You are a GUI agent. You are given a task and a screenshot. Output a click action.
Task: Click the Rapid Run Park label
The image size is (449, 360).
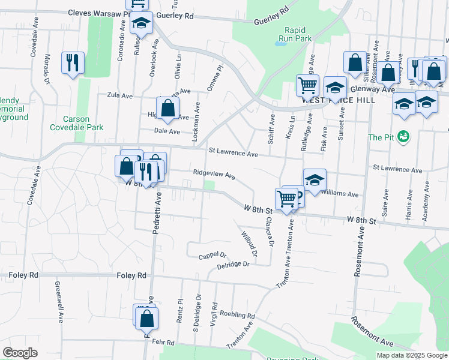298,34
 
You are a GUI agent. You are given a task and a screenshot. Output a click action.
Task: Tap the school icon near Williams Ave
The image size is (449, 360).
314,179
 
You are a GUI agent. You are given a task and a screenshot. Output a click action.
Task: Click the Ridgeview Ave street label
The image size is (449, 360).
214,175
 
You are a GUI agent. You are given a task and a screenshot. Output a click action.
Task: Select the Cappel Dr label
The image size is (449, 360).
212,256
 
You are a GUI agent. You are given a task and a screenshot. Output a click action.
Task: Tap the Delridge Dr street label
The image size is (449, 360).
233,264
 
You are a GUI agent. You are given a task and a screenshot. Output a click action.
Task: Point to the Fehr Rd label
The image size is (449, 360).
163,343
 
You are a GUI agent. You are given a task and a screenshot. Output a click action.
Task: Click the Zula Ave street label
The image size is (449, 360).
119,95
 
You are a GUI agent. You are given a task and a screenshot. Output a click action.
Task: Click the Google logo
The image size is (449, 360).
20,353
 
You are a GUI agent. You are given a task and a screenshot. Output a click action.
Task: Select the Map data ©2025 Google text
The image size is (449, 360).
411,355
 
